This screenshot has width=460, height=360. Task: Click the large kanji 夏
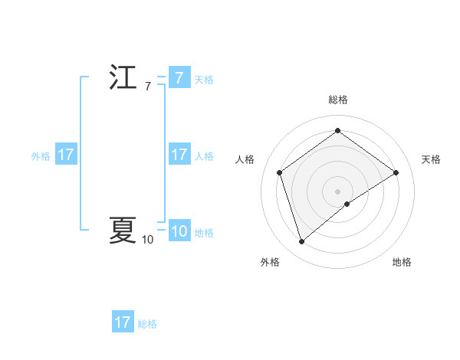[x=123, y=230]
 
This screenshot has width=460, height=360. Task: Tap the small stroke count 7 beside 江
[x=147, y=87]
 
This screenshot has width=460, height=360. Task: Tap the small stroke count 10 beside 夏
[x=147, y=240]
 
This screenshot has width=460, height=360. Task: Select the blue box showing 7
[x=179, y=78]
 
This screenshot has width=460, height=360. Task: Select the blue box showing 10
[x=179, y=231]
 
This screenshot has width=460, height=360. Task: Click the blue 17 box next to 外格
[x=66, y=155]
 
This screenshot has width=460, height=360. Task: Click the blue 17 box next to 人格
[x=179, y=155]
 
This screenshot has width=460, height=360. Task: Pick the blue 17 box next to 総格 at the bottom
[x=123, y=322]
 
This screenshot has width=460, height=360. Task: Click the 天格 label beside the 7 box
[x=204, y=79]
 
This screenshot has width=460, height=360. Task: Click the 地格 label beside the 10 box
[x=204, y=232]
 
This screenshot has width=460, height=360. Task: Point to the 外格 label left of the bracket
[x=41, y=155]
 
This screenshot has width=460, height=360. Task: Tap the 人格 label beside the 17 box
[x=204, y=155]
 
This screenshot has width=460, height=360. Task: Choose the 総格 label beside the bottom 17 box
[x=147, y=323]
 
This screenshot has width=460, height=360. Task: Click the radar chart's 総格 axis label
[x=337, y=100]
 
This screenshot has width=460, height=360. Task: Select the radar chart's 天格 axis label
[x=432, y=159]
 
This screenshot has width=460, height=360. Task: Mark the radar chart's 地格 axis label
[x=402, y=262]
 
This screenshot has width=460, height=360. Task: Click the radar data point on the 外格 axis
[x=301, y=242]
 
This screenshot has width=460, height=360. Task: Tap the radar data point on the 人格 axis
[x=280, y=172]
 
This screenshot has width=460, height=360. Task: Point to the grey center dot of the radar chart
[x=337, y=190]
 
